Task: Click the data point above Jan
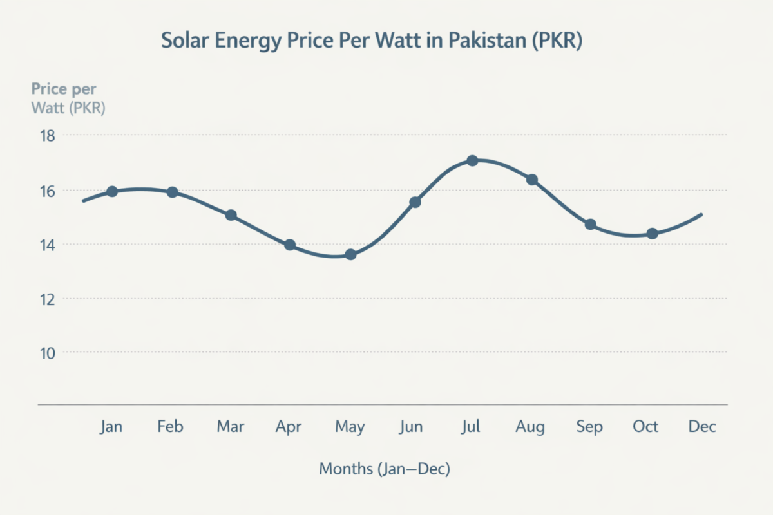coord(112,191)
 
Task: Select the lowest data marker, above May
coord(350,255)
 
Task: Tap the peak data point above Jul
coord(472,160)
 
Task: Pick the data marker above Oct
coord(652,234)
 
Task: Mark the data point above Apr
coord(290,245)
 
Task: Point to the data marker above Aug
coord(532,180)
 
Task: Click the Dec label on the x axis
coord(702,427)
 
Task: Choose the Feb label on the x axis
coord(171,427)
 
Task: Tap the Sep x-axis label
coord(589,427)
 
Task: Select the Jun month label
coord(411,427)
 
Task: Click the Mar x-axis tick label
coord(231,427)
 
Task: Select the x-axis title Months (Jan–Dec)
coord(385,469)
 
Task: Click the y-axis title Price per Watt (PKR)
coord(68,98)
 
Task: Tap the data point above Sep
coord(590,224)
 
